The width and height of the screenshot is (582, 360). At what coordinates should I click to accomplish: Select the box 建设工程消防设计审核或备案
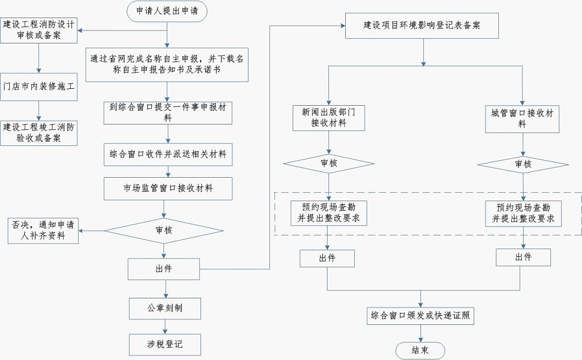[39, 30]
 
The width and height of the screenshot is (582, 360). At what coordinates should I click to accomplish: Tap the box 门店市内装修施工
[39, 86]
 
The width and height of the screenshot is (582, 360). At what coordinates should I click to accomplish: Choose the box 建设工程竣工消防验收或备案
[39, 132]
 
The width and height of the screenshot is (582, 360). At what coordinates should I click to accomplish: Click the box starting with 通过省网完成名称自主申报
[167, 64]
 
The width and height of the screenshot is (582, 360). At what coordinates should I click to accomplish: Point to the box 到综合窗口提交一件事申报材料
[168, 112]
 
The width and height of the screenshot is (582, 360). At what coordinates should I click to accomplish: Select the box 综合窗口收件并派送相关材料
[168, 155]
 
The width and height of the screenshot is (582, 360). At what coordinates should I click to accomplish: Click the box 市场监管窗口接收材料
[168, 189]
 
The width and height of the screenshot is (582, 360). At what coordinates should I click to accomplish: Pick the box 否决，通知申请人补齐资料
[43, 230]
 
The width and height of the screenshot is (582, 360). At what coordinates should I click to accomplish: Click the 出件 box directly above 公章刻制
[164, 268]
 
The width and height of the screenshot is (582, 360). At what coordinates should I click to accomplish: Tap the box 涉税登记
[164, 344]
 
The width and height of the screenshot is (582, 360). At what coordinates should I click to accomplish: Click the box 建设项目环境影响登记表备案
[422, 26]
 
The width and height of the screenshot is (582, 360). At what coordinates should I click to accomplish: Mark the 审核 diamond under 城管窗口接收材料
[523, 164]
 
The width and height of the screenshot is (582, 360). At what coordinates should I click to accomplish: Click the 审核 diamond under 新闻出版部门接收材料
[329, 163]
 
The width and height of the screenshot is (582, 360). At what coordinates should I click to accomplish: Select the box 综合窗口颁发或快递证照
[422, 316]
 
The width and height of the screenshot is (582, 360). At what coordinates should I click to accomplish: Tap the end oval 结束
[420, 350]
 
